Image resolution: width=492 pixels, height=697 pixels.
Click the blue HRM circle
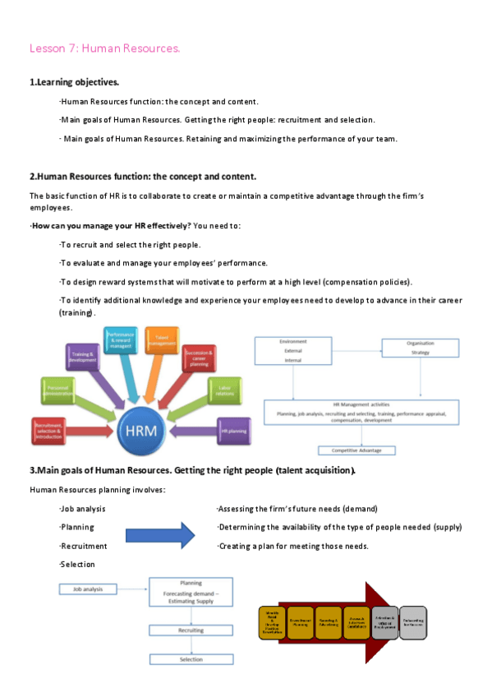click(141, 430)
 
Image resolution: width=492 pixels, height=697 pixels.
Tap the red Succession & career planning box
click(199, 358)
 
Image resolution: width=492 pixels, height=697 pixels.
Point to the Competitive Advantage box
click(356, 450)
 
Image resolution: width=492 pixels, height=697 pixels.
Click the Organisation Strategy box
click(421, 347)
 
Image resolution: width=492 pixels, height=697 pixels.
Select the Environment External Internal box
click(293, 349)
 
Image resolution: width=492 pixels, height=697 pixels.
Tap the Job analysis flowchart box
click(88, 589)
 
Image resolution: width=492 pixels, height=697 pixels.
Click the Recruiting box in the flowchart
click(191, 630)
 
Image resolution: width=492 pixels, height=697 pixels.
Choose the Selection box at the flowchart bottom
click(191, 659)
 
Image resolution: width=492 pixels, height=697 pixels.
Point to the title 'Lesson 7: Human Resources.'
click(104, 48)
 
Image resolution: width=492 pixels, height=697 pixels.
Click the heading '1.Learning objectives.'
click(74, 82)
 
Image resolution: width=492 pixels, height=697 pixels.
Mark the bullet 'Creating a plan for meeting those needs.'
click(293, 546)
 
